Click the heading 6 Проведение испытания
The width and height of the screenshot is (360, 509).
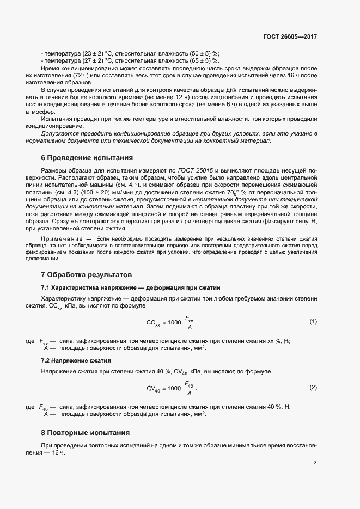(x=87, y=158)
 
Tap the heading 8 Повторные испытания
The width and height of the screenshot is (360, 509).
(x=85, y=433)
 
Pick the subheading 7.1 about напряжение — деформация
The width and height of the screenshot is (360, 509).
(x=131, y=287)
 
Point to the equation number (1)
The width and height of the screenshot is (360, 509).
(x=313, y=322)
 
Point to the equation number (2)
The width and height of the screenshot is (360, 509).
(x=313, y=387)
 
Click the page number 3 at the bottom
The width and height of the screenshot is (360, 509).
(x=315, y=463)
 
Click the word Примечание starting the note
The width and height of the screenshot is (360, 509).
(x=63, y=240)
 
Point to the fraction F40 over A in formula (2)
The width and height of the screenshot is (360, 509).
(x=189, y=388)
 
